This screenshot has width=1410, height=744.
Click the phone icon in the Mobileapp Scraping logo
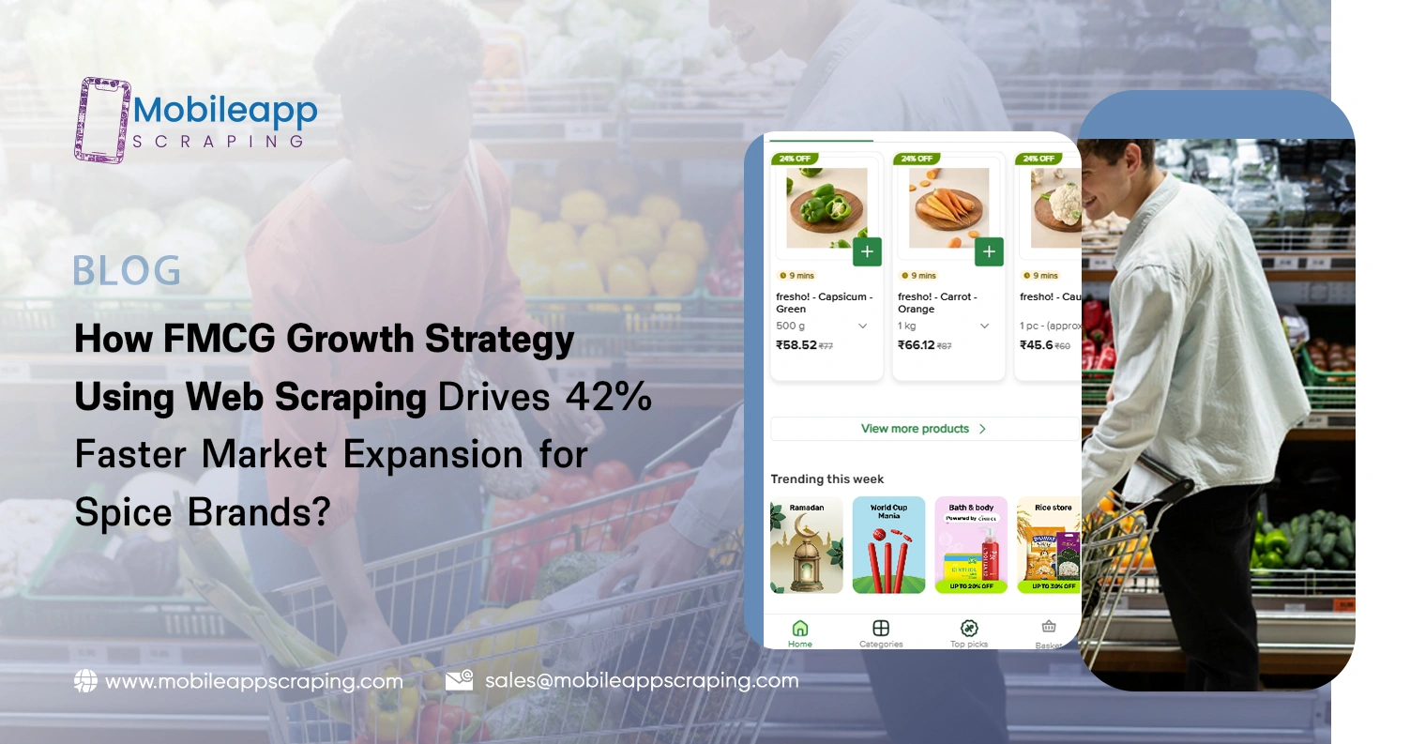pos(102,120)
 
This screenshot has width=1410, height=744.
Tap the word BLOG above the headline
pos(128,271)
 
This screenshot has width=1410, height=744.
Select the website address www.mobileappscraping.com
pos(254,682)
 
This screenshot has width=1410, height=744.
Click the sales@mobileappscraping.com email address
pos(642,681)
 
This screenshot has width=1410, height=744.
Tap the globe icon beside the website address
pos(85,682)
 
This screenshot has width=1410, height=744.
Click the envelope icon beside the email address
pos(459,681)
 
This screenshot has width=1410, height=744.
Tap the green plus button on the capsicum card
pos(867,251)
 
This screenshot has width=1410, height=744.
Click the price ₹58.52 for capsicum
pos(796,345)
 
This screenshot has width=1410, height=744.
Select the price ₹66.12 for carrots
pos(917,345)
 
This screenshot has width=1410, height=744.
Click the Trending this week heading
pos(827,479)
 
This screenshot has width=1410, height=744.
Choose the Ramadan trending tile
pos(807,545)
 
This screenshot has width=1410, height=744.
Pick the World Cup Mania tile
pos(888,545)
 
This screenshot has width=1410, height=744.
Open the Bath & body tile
pos(971,545)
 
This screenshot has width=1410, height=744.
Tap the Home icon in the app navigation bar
pos(800,629)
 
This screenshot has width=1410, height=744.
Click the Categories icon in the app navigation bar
pos(880,629)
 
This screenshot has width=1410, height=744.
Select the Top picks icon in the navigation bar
pos(969,629)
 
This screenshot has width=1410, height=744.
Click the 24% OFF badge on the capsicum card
pos(795,159)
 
